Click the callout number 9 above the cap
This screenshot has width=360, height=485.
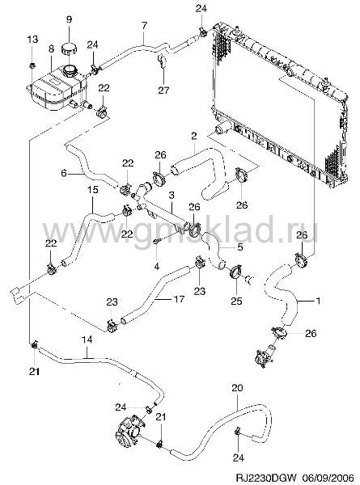[x=69, y=19]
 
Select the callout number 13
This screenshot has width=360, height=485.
[x=32, y=40]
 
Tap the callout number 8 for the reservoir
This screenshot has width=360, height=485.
[x=51, y=48]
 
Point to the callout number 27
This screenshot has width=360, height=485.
[x=163, y=90]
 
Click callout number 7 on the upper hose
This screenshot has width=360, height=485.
[x=144, y=26]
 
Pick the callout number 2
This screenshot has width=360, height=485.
[x=194, y=136]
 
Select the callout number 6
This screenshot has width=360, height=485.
[x=64, y=173]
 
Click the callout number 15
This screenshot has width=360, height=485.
[x=93, y=190]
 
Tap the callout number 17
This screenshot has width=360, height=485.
[x=180, y=299]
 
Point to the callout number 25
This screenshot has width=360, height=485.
[x=236, y=301]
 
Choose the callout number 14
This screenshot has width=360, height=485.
[x=87, y=339]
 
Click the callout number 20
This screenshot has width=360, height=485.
[x=237, y=387]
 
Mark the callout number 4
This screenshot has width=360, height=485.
[x=157, y=266]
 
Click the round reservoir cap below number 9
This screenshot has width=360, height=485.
[x=69, y=49]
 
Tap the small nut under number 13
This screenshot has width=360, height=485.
[x=32, y=65]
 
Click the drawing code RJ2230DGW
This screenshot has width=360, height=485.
[x=266, y=477]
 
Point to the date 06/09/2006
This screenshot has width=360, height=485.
[x=328, y=477]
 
